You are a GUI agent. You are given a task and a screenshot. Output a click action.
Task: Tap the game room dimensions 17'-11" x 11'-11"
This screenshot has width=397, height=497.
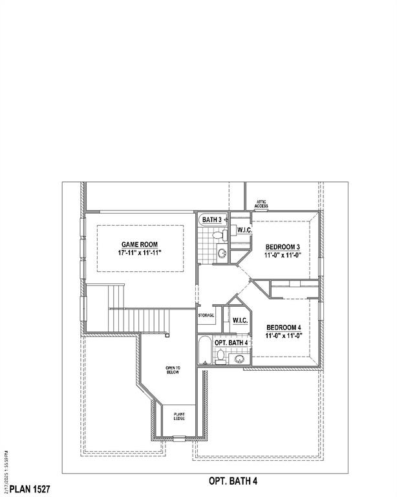[140, 253]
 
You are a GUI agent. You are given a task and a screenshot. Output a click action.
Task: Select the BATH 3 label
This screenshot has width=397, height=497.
[212, 221]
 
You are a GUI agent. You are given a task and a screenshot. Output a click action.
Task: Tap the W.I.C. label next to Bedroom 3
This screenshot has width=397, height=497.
[244, 230]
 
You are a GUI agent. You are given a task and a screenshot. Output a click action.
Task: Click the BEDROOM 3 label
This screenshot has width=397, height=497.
[283, 247]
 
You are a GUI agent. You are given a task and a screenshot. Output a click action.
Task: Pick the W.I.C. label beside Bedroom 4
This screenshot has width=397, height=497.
[241, 320]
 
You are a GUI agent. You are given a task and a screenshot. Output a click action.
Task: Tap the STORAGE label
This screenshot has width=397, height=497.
[206, 315]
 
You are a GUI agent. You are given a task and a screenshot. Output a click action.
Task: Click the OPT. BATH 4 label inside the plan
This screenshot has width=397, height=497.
[231, 342]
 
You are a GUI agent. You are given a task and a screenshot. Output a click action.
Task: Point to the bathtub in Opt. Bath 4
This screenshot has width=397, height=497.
[205, 351]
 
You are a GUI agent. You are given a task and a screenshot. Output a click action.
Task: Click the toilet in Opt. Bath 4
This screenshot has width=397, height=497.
[221, 355]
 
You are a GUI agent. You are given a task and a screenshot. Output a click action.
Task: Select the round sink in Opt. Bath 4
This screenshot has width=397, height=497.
[240, 359]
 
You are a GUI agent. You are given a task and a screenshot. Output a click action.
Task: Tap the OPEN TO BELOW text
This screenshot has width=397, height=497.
[173, 371]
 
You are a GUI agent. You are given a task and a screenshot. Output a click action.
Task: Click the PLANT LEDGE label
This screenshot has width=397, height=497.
[179, 417]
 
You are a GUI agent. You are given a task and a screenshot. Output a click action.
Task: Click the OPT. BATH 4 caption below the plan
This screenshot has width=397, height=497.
[233, 481]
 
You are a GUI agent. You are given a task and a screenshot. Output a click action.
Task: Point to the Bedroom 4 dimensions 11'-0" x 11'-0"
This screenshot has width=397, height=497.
[284, 336]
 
